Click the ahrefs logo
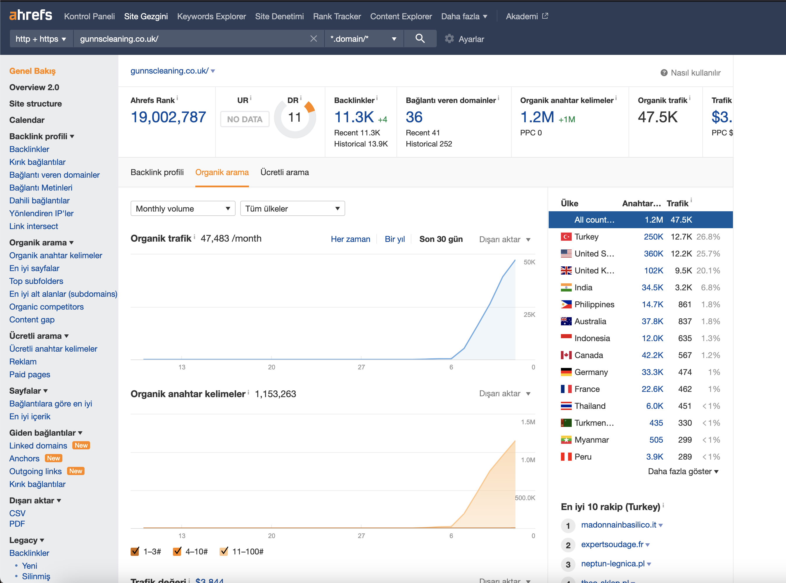tap(31, 15)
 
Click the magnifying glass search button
tap(420, 39)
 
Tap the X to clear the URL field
tap(313, 39)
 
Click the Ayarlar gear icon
tap(449, 39)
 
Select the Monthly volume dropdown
tap(183, 209)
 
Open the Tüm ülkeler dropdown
tap(292, 209)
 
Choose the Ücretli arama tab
tap(285, 172)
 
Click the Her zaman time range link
tap(350, 239)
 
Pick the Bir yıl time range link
tap(394, 239)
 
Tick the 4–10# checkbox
tap(177, 551)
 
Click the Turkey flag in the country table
tap(566, 237)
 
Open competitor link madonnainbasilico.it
tap(618, 525)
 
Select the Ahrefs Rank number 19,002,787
tap(168, 117)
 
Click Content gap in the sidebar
tap(32, 320)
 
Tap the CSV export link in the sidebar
tap(17, 513)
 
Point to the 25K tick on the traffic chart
tap(529, 315)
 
